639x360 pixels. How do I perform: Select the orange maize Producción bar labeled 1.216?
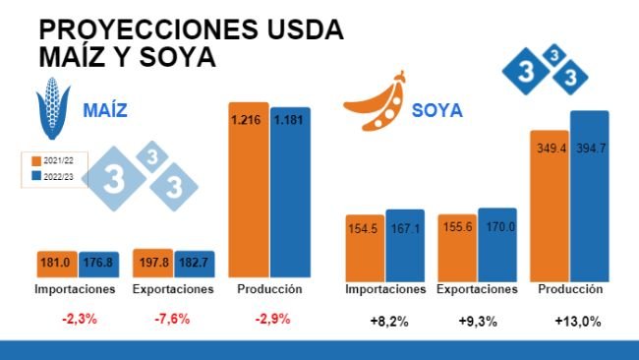tap(248, 187)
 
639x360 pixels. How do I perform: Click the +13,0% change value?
tap(577, 321)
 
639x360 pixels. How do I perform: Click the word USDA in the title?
tap(295, 30)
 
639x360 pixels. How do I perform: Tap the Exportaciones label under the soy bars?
tap(477, 290)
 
